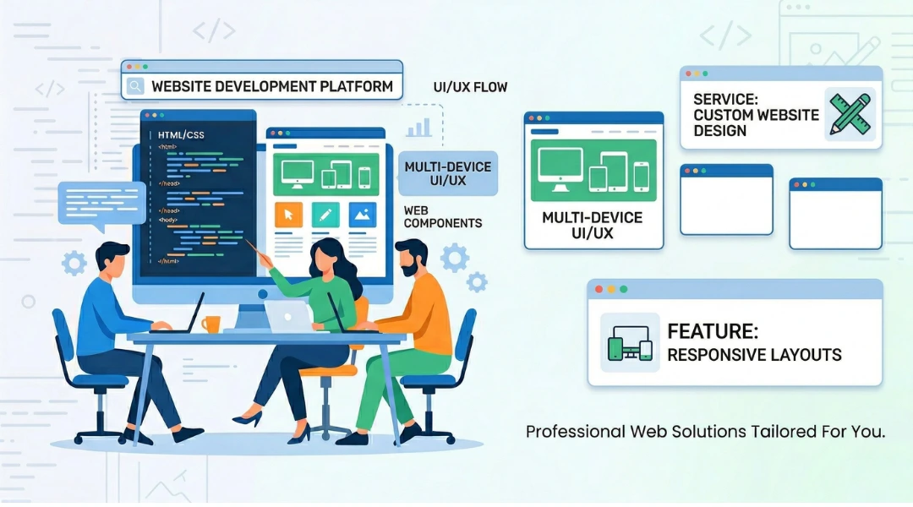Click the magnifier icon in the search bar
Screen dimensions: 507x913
tap(134, 86)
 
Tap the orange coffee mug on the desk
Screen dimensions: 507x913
tap(210, 324)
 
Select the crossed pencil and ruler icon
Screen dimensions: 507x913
tap(849, 114)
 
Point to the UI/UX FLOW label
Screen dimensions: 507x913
tap(470, 88)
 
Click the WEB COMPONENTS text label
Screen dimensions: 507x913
tap(442, 217)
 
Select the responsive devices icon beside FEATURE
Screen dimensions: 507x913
tap(630, 342)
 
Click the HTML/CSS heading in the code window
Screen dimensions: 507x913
tap(181, 134)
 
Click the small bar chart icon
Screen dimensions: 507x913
tap(418, 128)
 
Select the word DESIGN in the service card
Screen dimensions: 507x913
tap(719, 131)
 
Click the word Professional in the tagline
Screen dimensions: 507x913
tap(575, 432)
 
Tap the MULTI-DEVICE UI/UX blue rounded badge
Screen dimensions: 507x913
tap(447, 174)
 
